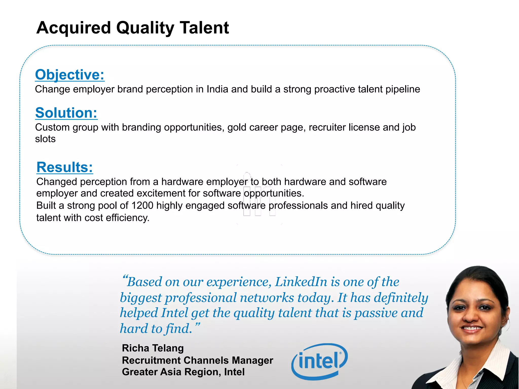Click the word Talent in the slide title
point(204,28)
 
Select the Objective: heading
point(70,75)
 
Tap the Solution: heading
point(66,113)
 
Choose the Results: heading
point(65,167)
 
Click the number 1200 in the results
point(142,206)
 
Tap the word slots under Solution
point(45,139)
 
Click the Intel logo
point(320,361)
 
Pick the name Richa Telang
point(153,348)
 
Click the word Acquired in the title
point(74,28)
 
